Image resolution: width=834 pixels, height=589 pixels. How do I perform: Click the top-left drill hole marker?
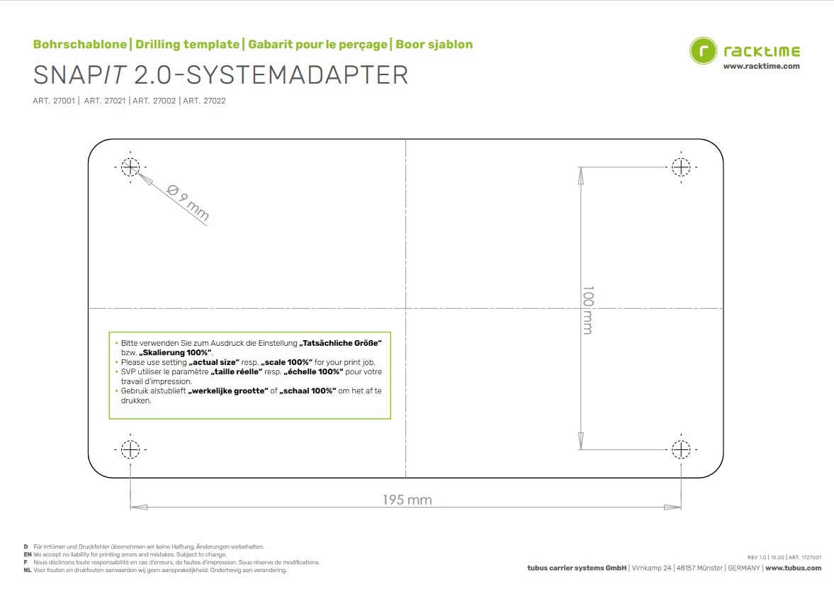click(130, 167)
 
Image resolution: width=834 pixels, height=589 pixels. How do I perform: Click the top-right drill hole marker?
click(681, 167)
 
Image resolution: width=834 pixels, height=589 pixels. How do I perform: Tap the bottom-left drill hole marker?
click(130, 449)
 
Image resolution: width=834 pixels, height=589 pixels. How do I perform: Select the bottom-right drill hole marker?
click(681, 449)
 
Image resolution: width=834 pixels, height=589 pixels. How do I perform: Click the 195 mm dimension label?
click(407, 500)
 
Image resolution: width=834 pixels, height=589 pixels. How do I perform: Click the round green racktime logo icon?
click(703, 52)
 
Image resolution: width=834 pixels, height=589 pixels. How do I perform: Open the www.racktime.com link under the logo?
click(761, 66)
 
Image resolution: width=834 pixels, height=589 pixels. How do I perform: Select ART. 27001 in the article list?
click(54, 101)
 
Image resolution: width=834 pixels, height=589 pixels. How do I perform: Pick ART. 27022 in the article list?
click(204, 101)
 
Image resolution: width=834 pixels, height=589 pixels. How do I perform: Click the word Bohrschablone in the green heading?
click(80, 45)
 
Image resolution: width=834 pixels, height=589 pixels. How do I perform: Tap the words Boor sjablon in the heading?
click(434, 45)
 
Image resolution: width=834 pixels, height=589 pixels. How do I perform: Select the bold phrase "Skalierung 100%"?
click(176, 352)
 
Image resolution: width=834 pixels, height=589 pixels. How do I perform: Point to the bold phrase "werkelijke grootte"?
click(227, 391)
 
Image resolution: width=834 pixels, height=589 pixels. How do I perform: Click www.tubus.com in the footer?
click(793, 568)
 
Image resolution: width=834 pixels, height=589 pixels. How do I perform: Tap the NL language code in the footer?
click(27, 570)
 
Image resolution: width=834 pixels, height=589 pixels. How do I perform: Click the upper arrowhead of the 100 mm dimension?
click(581, 174)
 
